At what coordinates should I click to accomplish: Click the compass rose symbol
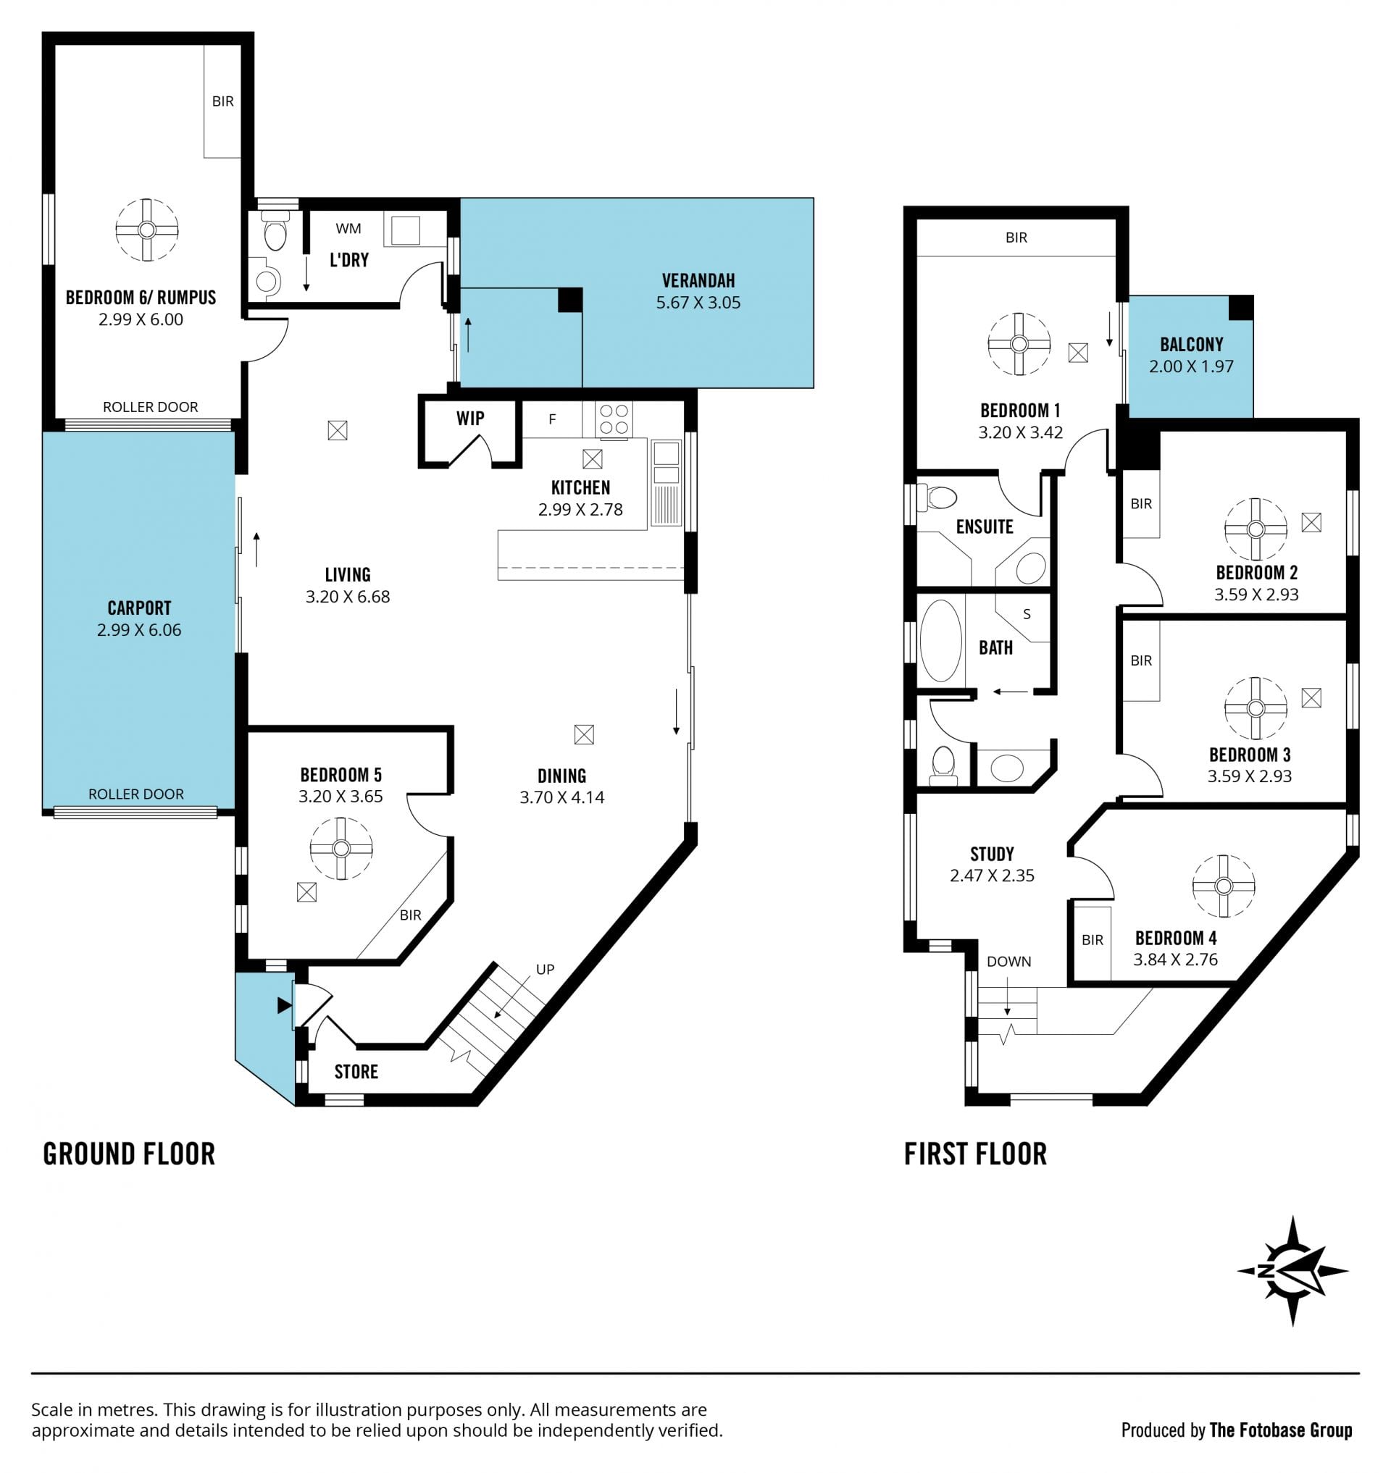pyautogui.click(x=1292, y=1272)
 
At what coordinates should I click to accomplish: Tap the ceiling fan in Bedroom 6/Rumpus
pyautogui.click(x=147, y=230)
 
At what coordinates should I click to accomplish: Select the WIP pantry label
pyautogui.click(x=470, y=418)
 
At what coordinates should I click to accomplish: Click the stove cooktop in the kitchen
pyautogui.click(x=614, y=419)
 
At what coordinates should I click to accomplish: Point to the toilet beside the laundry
pyautogui.click(x=275, y=230)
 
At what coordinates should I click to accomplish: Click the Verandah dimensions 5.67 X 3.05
pyautogui.click(x=698, y=303)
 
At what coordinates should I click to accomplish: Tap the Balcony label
pyautogui.click(x=1191, y=344)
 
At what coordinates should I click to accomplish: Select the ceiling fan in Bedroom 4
pyautogui.click(x=1224, y=886)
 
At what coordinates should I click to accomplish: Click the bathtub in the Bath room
pyautogui.click(x=940, y=640)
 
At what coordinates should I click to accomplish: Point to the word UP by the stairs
pyautogui.click(x=545, y=969)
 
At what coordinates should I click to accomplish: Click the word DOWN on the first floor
pyautogui.click(x=1008, y=961)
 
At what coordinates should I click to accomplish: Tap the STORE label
pyautogui.click(x=356, y=1071)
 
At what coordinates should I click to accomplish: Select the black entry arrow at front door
pyautogui.click(x=285, y=1005)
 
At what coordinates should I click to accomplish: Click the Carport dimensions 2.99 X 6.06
pyautogui.click(x=138, y=629)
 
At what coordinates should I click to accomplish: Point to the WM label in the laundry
pyautogui.click(x=348, y=228)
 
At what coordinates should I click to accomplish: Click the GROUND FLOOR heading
pyautogui.click(x=129, y=1154)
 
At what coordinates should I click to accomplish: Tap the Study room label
pyautogui.click(x=991, y=853)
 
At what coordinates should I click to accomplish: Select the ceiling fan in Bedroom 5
pyautogui.click(x=341, y=848)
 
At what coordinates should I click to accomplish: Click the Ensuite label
pyautogui.click(x=984, y=526)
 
